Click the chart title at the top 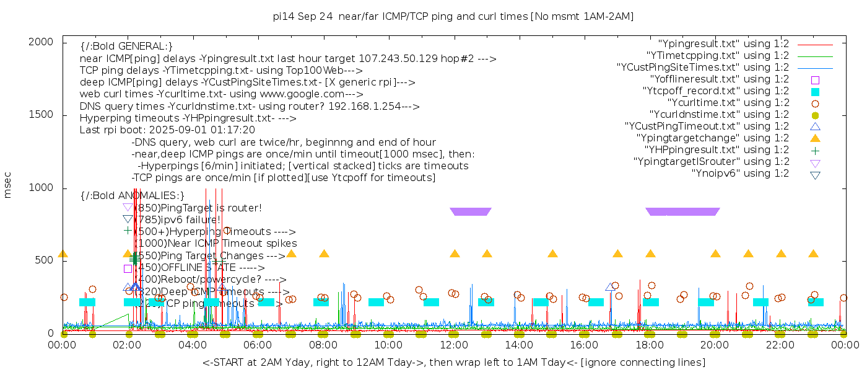point(453,16)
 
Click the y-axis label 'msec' point(8,185)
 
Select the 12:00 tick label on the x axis point(453,345)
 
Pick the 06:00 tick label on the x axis point(258,345)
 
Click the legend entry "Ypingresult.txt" point(723,44)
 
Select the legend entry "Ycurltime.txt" point(728,103)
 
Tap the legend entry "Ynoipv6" point(740,174)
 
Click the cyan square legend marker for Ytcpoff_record point(815,91)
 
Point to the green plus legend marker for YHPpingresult point(815,150)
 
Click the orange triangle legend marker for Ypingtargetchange point(815,138)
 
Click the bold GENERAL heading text point(126,46)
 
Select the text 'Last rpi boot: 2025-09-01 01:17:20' point(167,130)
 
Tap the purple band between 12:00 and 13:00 point(471,211)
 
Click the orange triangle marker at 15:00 point(552,254)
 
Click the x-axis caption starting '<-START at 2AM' point(453,362)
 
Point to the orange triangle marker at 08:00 point(324,254)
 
